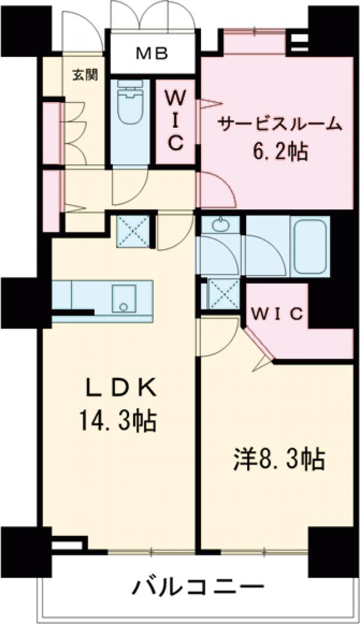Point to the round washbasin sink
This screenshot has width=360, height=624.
[220, 226]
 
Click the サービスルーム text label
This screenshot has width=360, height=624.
[280, 124]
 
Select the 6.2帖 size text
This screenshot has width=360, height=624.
[280, 152]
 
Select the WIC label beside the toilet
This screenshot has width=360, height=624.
[175, 119]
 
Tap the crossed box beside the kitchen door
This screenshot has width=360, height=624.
[133, 231]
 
